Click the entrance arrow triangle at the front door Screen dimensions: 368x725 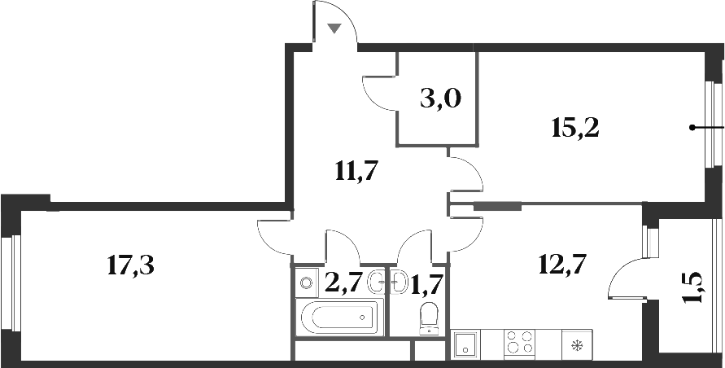(334, 28)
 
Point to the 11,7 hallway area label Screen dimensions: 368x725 (359, 171)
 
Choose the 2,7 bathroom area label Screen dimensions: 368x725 (343, 283)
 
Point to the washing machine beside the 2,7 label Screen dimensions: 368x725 (306, 283)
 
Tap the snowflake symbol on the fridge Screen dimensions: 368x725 (578, 345)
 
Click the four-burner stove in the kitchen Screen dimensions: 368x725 (519, 342)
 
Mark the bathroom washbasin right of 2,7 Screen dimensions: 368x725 (377, 283)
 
